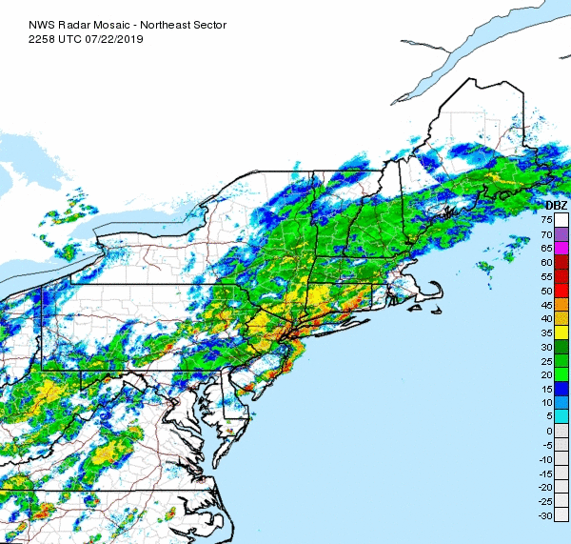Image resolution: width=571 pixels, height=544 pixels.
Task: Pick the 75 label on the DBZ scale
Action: (x=547, y=219)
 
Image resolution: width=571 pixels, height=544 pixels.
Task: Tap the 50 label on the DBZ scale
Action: (x=547, y=290)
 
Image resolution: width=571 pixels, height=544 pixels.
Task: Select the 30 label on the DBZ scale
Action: (x=547, y=346)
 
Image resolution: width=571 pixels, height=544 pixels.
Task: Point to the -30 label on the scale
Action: (x=546, y=515)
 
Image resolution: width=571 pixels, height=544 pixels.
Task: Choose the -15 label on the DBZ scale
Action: (x=546, y=473)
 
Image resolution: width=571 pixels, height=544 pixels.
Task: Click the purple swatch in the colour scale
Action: (x=561, y=233)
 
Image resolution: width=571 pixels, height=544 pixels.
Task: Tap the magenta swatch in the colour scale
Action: (x=561, y=248)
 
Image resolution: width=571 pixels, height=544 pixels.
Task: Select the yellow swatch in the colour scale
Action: (x=561, y=332)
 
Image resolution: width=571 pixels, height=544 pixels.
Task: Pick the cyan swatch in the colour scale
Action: (x=561, y=416)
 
